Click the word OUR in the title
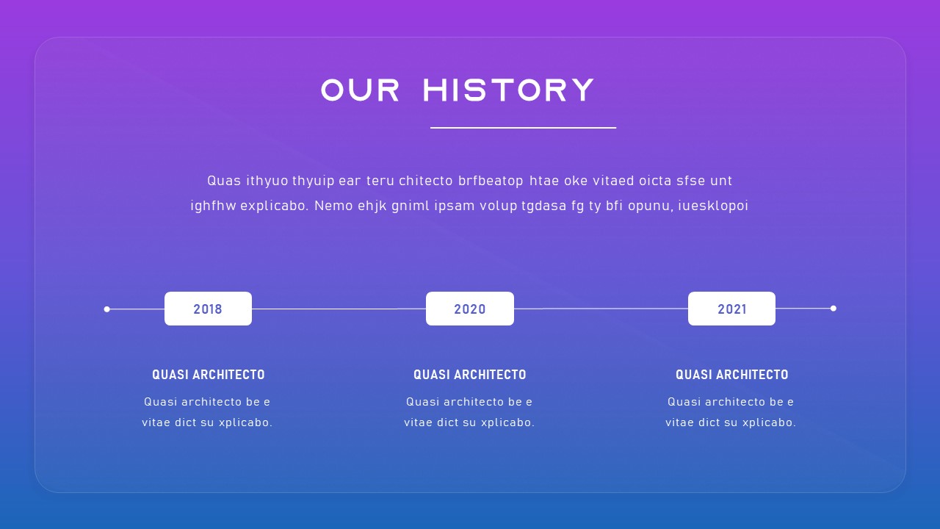pyautogui.click(x=361, y=90)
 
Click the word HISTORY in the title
pyautogui.click(x=509, y=90)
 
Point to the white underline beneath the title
pyautogui.click(x=523, y=128)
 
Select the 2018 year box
pyautogui.click(x=208, y=309)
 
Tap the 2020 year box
pyautogui.click(x=470, y=309)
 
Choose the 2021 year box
pyautogui.click(x=731, y=309)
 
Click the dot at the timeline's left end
pyautogui.click(x=107, y=309)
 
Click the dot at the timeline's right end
pyautogui.click(x=833, y=309)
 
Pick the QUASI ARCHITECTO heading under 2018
pyautogui.click(x=208, y=375)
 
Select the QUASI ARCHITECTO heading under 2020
pyautogui.click(x=470, y=375)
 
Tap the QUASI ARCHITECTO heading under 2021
pyautogui.click(x=731, y=375)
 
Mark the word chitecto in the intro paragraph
pyautogui.click(x=427, y=181)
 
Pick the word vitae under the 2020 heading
pyautogui.click(x=419, y=422)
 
